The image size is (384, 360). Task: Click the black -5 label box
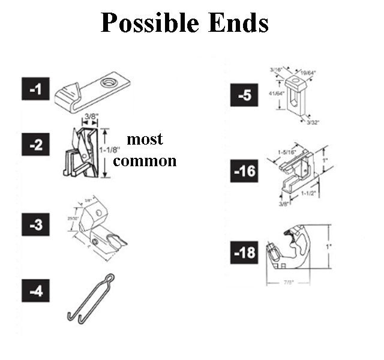point(244,97)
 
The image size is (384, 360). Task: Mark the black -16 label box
point(244,172)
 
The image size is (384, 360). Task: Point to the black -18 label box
point(244,253)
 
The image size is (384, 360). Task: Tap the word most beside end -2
point(145,139)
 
